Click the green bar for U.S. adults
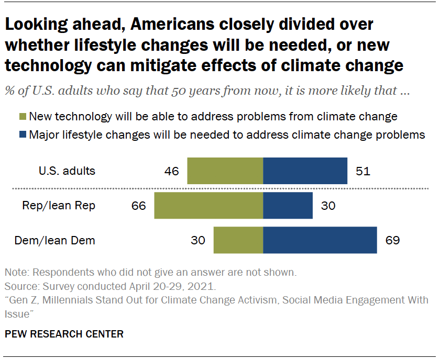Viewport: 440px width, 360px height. [225, 171]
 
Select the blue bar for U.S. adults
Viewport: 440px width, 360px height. [305, 171]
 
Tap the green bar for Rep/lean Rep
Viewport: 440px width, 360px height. [208, 206]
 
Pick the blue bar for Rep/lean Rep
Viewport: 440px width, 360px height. [288, 206]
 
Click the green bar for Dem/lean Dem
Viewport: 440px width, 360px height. [238, 240]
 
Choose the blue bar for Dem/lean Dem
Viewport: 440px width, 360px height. [320, 240]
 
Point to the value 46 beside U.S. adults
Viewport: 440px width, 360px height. [171, 171]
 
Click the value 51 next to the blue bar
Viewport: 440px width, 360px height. [362, 171]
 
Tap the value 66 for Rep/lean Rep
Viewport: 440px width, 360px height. [139, 206]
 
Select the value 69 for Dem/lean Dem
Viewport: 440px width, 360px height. [392, 241]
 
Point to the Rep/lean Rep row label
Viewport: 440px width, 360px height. [59, 206]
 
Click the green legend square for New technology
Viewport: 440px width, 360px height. [22, 117]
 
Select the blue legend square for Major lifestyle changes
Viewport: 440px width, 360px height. [22, 134]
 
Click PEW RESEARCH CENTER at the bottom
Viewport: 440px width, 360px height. [64, 334]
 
